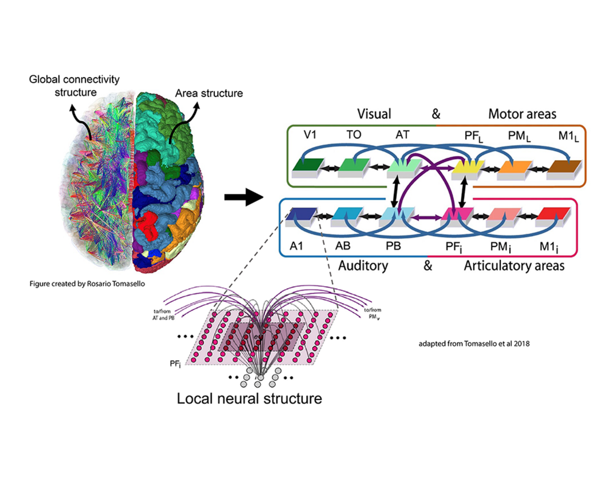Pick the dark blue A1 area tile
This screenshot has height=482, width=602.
[x=301, y=214]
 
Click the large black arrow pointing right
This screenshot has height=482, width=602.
[x=243, y=197]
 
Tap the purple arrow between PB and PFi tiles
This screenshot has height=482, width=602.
[x=426, y=217]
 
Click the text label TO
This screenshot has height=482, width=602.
[x=354, y=134]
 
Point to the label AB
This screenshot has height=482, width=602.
[x=343, y=246]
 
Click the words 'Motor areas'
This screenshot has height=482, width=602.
[x=522, y=114]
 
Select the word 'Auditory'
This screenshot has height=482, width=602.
[x=363, y=266]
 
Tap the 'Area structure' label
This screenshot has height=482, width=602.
[x=209, y=93]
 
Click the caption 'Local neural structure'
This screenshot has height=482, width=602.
[x=249, y=398]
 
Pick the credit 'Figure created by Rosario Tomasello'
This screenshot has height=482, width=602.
[x=87, y=284]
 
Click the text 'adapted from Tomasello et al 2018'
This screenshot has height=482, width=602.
[x=474, y=343]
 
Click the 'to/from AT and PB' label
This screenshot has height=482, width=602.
[x=163, y=314]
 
